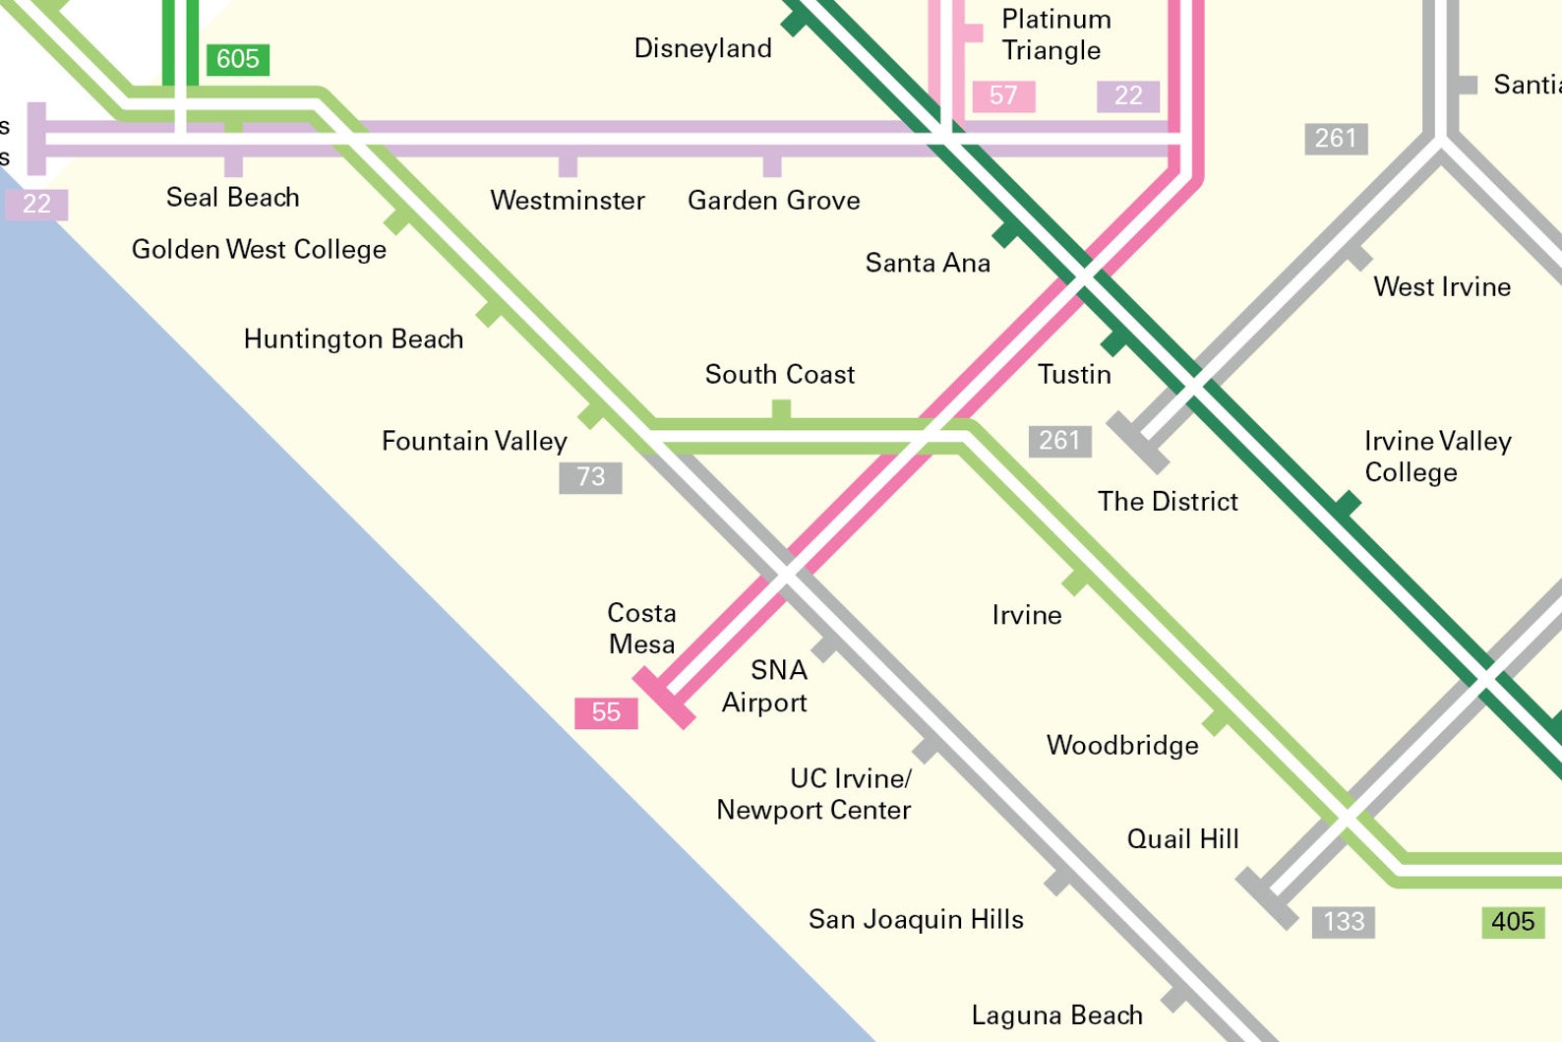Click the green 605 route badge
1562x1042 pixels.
pyautogui.click(x=237, y=59)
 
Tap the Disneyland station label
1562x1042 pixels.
pyautogui.click(x=702, y=48)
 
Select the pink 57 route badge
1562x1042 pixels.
pyautogui.click(x=1003, y=95)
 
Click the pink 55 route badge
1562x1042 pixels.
pyautogui.click(x=606, y=712)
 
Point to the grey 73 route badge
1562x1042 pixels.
pyautogui.click(x=590, y=477)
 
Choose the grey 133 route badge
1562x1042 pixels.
pyautogui.click(x=1343, y=922)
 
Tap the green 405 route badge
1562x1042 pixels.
pyautogui.click(x=1512, y=922)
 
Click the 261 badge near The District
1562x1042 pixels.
pyautogui.click(x=1059, y=441)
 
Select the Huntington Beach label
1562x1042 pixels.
pyautogui.click(x=353, y=339)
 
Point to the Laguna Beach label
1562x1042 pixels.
pyautogui.click(x=1056, y=1015)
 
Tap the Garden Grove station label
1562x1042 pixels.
pyautogui.click(x=773, y=201)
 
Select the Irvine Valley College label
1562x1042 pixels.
pyautogui.click(x=1436, y=457)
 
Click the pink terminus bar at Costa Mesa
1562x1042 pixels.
pyautogui.click(x=664, y=698)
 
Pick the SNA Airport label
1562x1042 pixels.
pyautogui.click(x=765, y=686)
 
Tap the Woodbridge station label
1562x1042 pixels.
pyautogui.click(x=1122, y=745)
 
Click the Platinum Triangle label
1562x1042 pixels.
pyautogui.click(x=1054, y=34)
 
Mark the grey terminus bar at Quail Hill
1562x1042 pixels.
pyautogui.click(x=1267, y=898)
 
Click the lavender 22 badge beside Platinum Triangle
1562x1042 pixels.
pyautogui.click(x=1127, y=95)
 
